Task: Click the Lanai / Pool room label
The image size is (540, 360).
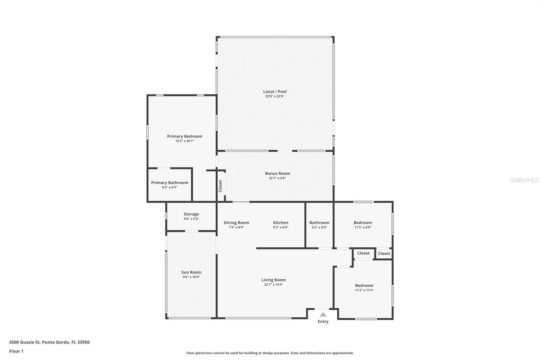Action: (275, 92)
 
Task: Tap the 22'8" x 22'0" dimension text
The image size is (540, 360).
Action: (275, 96)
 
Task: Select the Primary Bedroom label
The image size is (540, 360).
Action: (185, 136)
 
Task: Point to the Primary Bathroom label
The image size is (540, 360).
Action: (169, 183)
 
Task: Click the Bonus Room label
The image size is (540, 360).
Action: (277, 174)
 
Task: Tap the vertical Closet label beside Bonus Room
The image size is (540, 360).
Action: (220, 186)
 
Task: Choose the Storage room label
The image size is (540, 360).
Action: (191, 214)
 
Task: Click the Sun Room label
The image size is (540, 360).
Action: (191, 272)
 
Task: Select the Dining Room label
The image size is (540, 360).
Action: (236, 223)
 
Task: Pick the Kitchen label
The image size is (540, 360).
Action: (280, 223)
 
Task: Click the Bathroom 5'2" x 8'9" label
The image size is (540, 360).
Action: (319, 223)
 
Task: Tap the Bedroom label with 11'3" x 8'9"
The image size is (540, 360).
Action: (362, 223)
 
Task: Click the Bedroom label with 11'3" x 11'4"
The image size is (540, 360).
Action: (364, 285)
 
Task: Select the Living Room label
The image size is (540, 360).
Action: (273, 280)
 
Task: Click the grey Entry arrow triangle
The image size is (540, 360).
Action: (323, 314)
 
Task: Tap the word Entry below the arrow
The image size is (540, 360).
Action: (323, 322)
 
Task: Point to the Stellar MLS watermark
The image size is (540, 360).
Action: (523, 180)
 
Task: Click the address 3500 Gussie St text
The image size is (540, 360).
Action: (49, 342)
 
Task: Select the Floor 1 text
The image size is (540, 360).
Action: (16, 351)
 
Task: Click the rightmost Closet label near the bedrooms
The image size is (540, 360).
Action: (384, 254)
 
